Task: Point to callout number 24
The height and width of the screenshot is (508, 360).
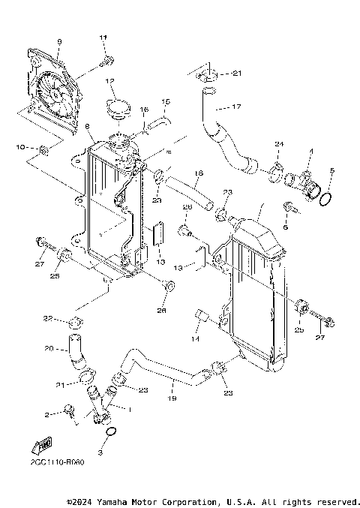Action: coord(278,143)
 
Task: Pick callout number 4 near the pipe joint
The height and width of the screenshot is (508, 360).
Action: coord(309,152)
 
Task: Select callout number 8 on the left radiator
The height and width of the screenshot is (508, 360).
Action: coord(88,127)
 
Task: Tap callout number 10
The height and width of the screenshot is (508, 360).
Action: coord(22,146)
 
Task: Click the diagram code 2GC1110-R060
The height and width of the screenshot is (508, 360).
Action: coord(58,462)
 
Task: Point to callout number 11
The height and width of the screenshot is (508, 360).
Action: coord(103,37)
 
